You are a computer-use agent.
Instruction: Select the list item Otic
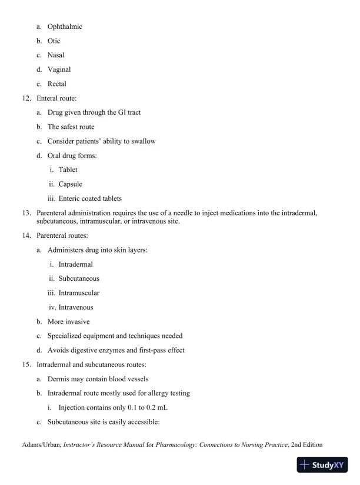point(54,41)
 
